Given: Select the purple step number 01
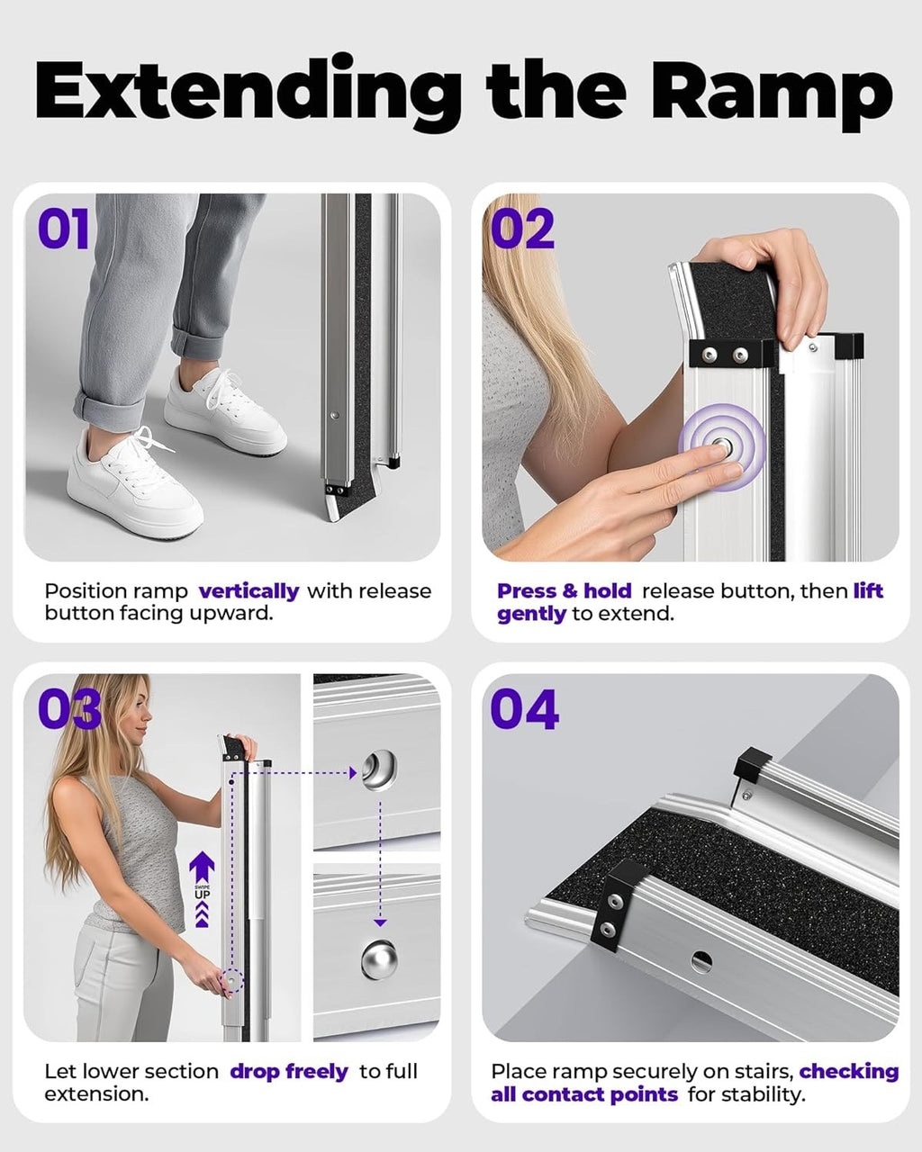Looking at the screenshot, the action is [x=64, y=229].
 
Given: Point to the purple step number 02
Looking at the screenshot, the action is [x=522, y=229].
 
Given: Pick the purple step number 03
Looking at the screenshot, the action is [x=69, y=709].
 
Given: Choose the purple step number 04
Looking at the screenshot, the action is [x=525, y=709].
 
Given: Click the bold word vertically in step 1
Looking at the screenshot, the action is [x=249, y=591].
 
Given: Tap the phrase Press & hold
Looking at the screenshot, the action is [x=565, y=590].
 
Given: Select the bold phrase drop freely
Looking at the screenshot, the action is [x=289, y=1071].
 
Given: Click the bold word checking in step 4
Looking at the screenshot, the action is [x=849, y=1071].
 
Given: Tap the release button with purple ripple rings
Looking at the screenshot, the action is [x=721, y=446].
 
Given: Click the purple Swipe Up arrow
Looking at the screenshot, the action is [x=202, y=889].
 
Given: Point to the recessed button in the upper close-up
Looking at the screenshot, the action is [x=379, y=771].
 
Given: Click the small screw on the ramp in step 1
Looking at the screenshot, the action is [x=335, y=415].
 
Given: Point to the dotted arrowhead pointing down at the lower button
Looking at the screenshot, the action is [x=380, y=922].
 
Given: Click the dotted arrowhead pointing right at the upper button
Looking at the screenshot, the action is [x=353, y=772].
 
